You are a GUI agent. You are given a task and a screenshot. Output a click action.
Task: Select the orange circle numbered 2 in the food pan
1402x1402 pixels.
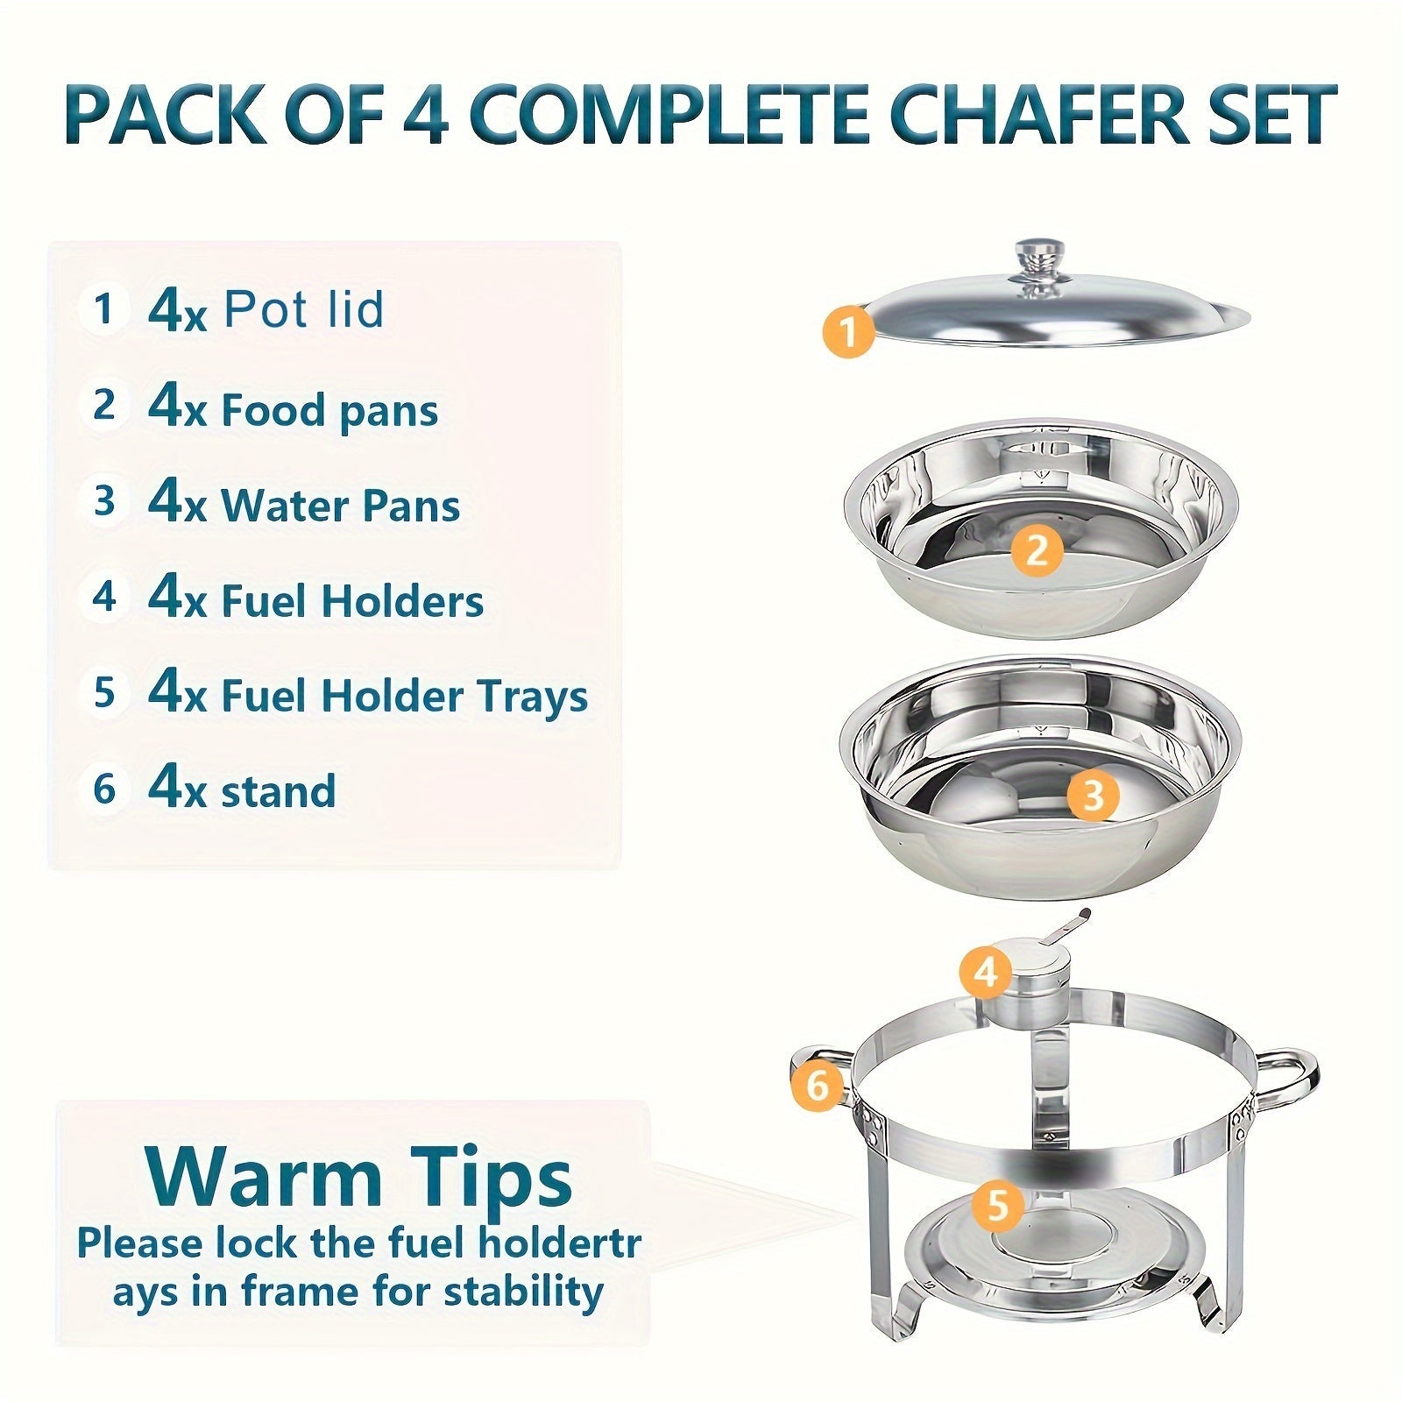click(x=1036, y=551)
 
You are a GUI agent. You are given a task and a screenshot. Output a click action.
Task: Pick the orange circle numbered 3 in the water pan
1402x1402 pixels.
click(x=1093, y=795)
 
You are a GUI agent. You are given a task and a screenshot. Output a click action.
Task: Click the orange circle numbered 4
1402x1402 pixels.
click(x=986, y=972)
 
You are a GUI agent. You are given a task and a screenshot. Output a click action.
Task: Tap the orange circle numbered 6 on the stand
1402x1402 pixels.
click(x=817, y=1087)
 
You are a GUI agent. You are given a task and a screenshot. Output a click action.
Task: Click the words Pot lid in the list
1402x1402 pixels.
click(x=304, y=309)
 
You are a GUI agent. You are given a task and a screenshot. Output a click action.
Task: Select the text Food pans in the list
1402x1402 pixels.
click(x=329, y=410)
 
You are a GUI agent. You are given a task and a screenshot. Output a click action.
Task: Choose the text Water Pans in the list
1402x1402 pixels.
click(x=340, y=506)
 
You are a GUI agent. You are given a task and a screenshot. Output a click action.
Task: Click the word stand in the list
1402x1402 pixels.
click(x=278, y=790)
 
